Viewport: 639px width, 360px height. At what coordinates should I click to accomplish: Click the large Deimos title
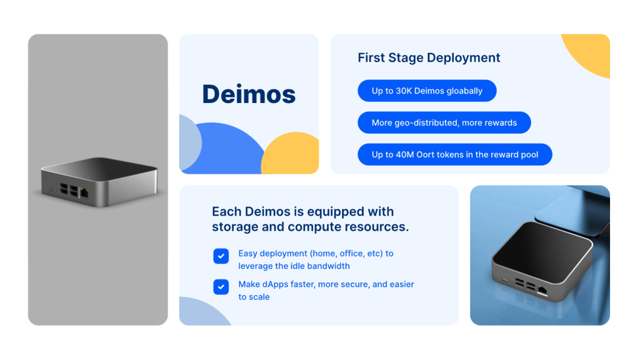click(248, 94)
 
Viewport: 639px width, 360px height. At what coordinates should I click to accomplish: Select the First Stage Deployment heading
click(429, 58)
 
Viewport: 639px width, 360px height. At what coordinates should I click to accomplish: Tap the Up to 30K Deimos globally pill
click(427, 91)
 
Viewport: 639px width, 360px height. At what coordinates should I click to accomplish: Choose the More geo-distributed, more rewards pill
click(444, 123)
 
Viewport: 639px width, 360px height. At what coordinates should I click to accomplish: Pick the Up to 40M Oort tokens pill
click(455, 154)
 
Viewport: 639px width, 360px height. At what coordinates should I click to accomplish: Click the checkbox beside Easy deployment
click(221, 256)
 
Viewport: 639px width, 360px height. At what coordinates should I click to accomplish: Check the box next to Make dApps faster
click(221, 287)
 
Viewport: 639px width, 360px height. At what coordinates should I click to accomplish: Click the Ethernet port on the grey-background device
click(85, 193)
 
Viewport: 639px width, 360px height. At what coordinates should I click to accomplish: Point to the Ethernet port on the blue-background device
click(543, 291)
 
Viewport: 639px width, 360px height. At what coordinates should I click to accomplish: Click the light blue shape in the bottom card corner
click(202, 314)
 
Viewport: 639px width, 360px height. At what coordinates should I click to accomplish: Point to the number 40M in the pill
click(405, 155)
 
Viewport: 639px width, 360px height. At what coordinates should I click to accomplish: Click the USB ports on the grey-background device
click(69, 189)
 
